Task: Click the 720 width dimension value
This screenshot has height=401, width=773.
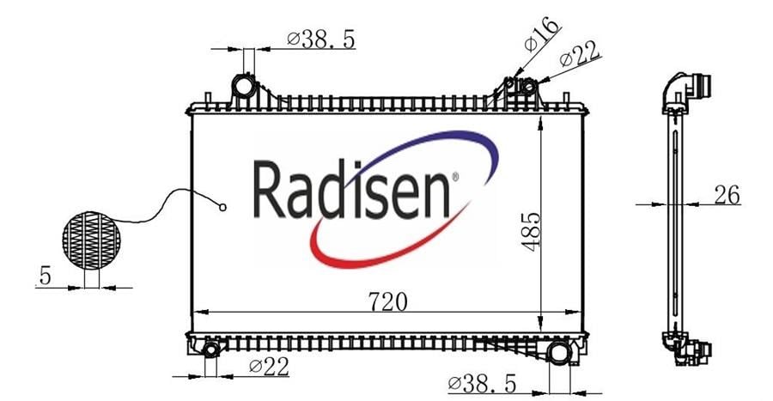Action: (388, 301)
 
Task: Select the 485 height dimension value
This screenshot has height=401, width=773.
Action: (531, 232)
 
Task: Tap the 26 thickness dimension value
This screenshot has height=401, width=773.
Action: (727, 195)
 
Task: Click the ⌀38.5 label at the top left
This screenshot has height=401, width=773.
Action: (321, 39)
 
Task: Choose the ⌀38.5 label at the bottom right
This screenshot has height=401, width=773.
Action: (482, 383)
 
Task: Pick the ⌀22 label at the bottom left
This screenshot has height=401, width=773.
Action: (269, 367)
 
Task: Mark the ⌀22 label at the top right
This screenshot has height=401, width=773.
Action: (580, 54)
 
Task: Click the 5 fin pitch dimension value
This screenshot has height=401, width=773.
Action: (45, 276)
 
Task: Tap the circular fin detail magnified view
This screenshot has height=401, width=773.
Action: (91, 240)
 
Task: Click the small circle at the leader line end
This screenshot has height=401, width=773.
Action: (222, 208)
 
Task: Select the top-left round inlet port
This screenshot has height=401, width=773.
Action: (243, 87)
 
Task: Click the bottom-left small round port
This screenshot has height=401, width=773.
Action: (211, 349)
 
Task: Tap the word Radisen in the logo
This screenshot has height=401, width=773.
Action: (351, 190)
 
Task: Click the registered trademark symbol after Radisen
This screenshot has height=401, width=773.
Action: (454, 176)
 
